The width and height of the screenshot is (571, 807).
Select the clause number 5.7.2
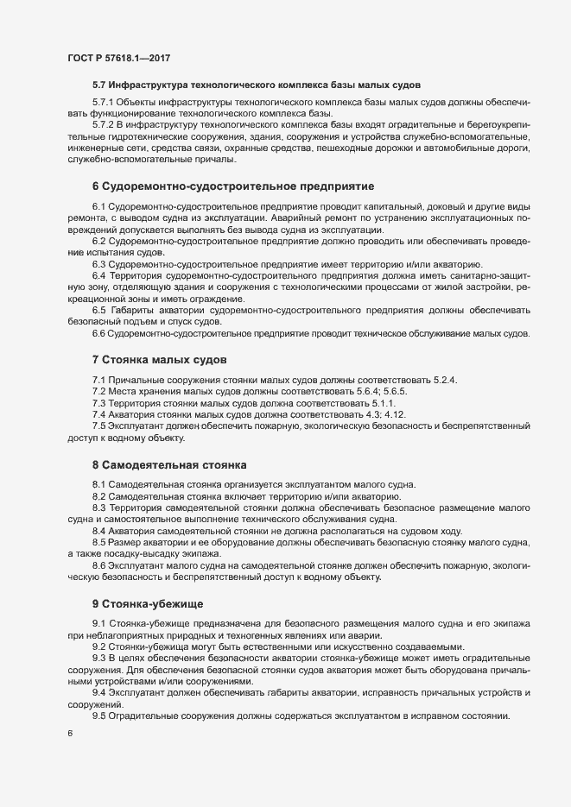[x=105, y=126]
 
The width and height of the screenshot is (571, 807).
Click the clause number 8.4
[x=98, y=531]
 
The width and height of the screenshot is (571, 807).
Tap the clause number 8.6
[x=98, y=565]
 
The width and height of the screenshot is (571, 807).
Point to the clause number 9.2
[x=98, y=646]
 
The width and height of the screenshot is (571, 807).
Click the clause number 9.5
[x=98, y=716]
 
